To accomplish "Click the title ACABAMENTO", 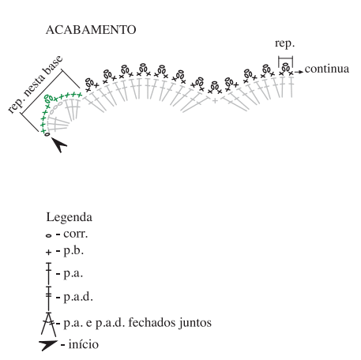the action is [x=91, y=30].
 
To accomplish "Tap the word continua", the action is [x=327, y=69].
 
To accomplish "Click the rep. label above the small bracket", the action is [x=284, y=43].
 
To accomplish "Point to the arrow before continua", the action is [x=299, y=72].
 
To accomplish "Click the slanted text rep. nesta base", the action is [x=36, y=84].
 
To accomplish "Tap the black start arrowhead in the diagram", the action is [x=59, y=144].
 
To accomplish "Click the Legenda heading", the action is [x=70, y=217].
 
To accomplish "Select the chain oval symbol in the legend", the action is [x=48, y=235].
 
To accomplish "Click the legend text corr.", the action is [x=76, y=234].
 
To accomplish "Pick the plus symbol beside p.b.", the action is [x=48, y=253].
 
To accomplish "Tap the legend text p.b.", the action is [x=73, y=251].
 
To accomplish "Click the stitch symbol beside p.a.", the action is [x=48, y=274].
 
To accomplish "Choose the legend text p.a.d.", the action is [x=78, y=297].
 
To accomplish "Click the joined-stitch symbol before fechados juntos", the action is [x=49, y=324].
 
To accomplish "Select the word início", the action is [x=84, y=344].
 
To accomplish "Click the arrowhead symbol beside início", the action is [x=48, y=345].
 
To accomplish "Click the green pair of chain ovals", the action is [x=49, y=98].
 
